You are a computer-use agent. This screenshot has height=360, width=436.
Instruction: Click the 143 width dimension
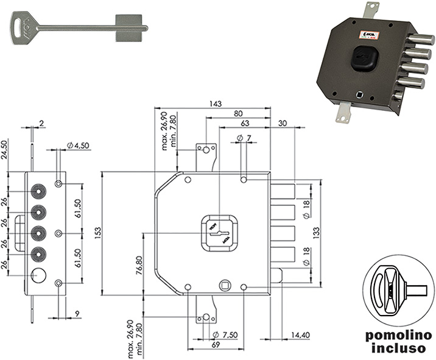tap(214, 104)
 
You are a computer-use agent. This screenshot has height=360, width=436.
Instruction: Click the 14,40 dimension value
tap(301, 334)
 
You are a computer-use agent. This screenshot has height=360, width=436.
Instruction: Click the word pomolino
tap(398, 336)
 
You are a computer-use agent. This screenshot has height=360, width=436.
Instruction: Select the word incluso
tap(398, 349)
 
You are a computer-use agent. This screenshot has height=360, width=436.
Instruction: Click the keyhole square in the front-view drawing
tap(218, 232)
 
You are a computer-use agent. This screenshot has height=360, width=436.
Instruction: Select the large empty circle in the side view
tap(39, 275)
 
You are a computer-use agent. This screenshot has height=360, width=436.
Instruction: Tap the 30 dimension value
tap(282, 123)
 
